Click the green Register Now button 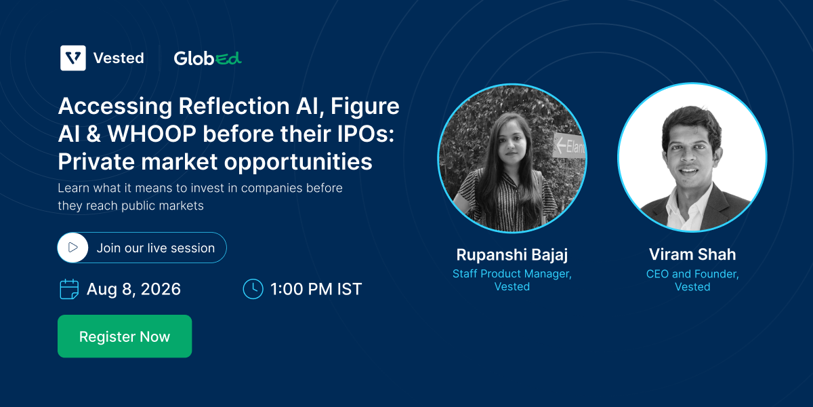pyautogui.click(x=125, y=336)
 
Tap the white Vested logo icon pyautogui.click(x=73, y=58)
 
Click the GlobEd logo pyautogui.click(x=207, y=58)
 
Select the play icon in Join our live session pyautogui.click(x=73, y=248)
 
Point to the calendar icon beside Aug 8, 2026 pyautogui.click(x=69, y=289)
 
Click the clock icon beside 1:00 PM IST pyautogui.click(x=253, y=289)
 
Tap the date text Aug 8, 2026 pyautogui.click(x=133, y=289)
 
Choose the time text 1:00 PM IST pyautogui.click(x=316, y=289)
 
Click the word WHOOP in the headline pyautogui.click(x=152, y=134)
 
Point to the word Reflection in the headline pyautogui.click(x=234, y=106)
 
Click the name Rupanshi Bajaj pyautogui.click(x=512, y=255)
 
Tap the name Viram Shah pyautogui.click(x=692, y=254)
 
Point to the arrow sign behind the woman pyautogui.click(x=568, y=146)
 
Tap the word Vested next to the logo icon pyautogui.click(x=119, y=58)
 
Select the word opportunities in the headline pyautogui.click(x=298, y=161)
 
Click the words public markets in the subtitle pyautogui.click(x=163, y=206)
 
